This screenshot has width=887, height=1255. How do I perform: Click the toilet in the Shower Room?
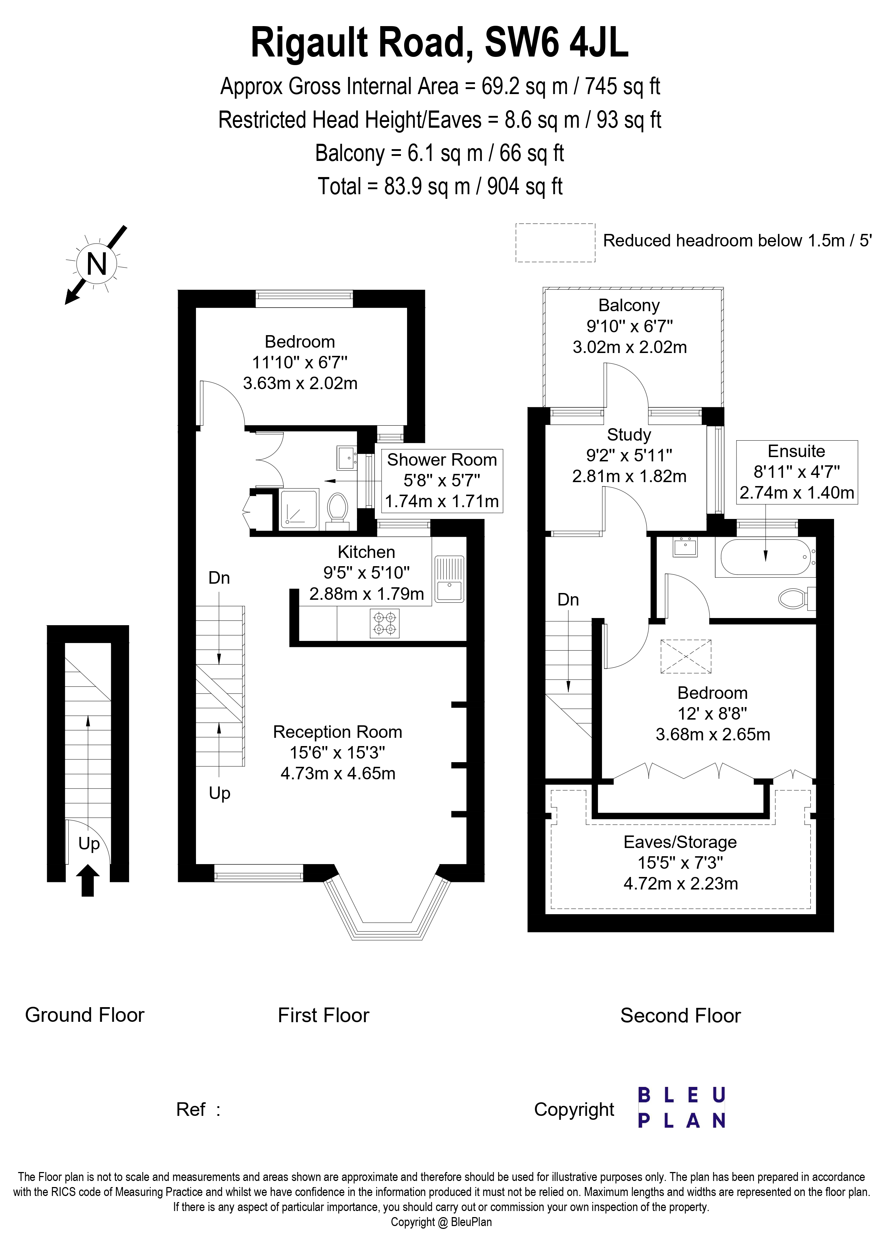pyautogui.click(x=338, y=508)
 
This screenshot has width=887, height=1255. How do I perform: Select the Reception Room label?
pyautogui.click(x=337, y=732)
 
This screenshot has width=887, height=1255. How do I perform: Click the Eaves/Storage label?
pyautogui.click(x=680, y=842)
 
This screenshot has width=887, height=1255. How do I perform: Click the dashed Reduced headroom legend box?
pyautogui.click(x=555, y=243)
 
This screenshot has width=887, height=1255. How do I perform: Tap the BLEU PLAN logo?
pyautogui.click(x=681, y=1107)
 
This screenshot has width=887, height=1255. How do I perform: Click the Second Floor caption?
pyautogui.click(x=680, y=1016)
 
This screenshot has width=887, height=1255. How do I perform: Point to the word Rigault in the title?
pyautogui.click(x=310, y=44)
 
